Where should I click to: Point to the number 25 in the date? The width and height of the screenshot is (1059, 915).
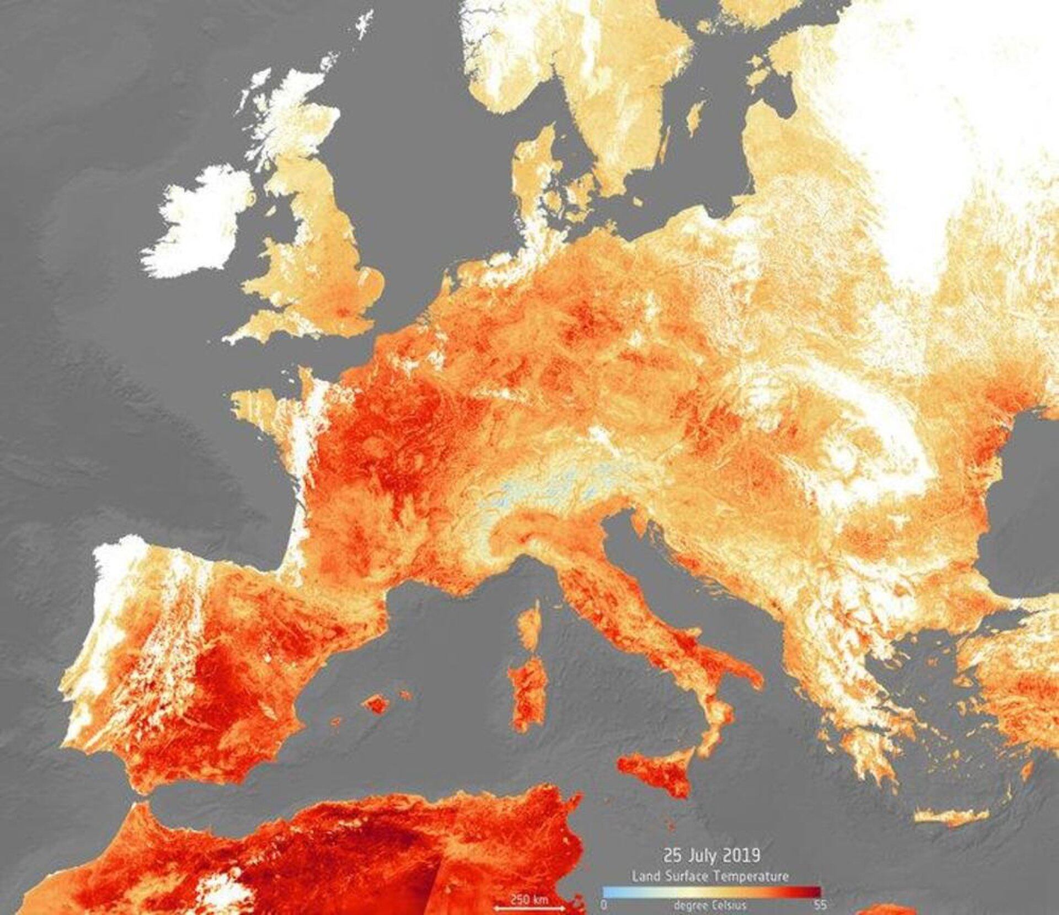tap(671, 857)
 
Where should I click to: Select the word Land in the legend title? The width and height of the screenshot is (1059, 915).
tap(646, 876)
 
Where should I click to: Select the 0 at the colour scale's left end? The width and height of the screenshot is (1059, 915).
tap(603, 906)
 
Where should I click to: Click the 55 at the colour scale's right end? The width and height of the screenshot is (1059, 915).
tap(820, 906)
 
